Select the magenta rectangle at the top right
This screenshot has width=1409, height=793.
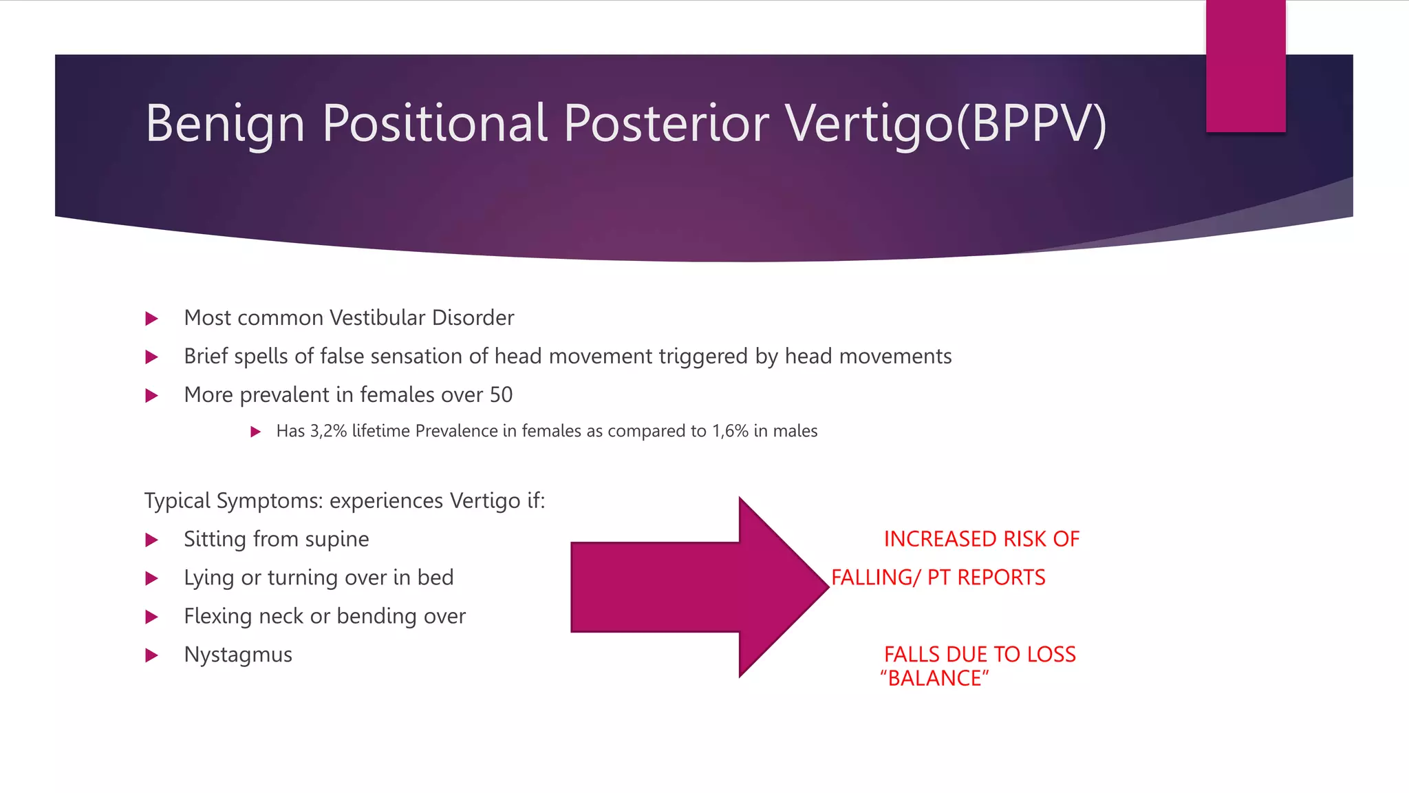tap(1245, 66)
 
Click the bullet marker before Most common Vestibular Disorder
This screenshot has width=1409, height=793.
tap(152, 319)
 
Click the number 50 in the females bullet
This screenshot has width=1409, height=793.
tap(501, 395)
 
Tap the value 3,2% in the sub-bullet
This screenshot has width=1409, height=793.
tap(328, 432)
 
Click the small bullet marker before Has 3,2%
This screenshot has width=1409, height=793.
tap(255, 432)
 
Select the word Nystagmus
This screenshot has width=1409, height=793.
tap(238, 655)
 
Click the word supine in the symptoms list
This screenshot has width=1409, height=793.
tap(336, 540)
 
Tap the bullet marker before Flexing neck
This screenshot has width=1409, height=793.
tap(152, 617)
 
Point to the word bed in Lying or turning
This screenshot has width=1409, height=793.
tap(435, 578)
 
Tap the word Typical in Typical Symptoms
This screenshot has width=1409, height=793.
tap(177, 501)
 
